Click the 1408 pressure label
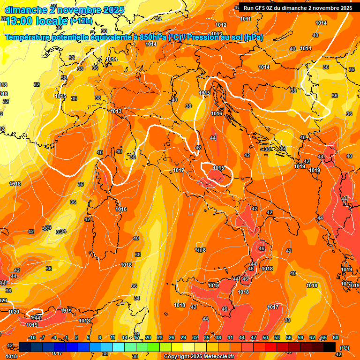pos(201,250)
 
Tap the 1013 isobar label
pos(116,111)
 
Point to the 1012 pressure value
pos(221,25)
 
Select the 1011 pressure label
pos(245,19)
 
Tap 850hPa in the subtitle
pos(153,37)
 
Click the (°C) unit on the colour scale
pos(344,348)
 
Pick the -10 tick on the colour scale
pos(32,337)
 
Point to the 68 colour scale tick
pos(336,337)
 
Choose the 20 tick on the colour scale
pos(148,337)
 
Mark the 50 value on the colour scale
pos(265,337)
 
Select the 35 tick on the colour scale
pos(207,337)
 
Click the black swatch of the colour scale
pos(330,347)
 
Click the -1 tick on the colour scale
pos(66,337)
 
